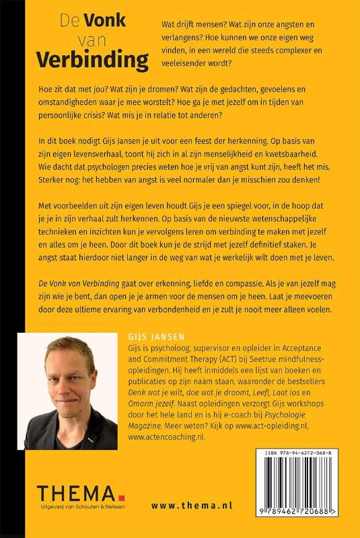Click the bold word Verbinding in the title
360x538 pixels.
pyautogui.click(x=92, y=61)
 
